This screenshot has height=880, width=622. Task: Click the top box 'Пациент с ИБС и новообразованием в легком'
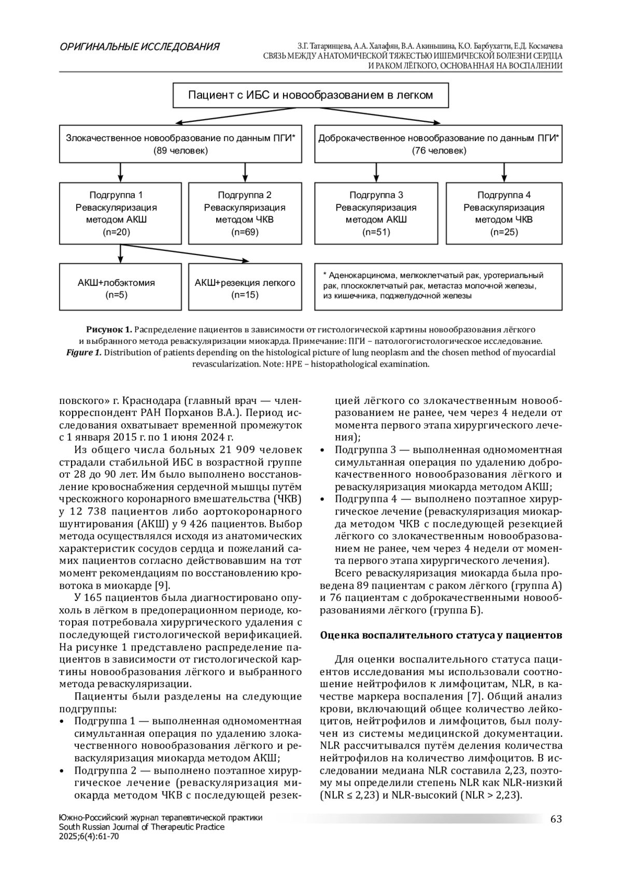point(310,95)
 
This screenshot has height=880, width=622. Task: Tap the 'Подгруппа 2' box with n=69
point(245,213)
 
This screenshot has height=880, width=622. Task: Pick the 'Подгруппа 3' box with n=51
point(376,213)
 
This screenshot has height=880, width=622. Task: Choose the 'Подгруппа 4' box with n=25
point(504,213)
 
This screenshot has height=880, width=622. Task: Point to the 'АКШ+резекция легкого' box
point(245,288)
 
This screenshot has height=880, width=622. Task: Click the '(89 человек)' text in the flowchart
point(180,151)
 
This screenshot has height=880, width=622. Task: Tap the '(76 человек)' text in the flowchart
point(439,151)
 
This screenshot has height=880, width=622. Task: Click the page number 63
point(556,819)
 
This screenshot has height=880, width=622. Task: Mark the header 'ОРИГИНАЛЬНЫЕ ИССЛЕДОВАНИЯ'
point(139,47)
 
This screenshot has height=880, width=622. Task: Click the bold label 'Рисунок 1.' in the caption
point(109,330)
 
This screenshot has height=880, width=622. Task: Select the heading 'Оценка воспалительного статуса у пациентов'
point(441,635)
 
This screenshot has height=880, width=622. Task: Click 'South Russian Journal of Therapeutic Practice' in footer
point(142,827)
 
